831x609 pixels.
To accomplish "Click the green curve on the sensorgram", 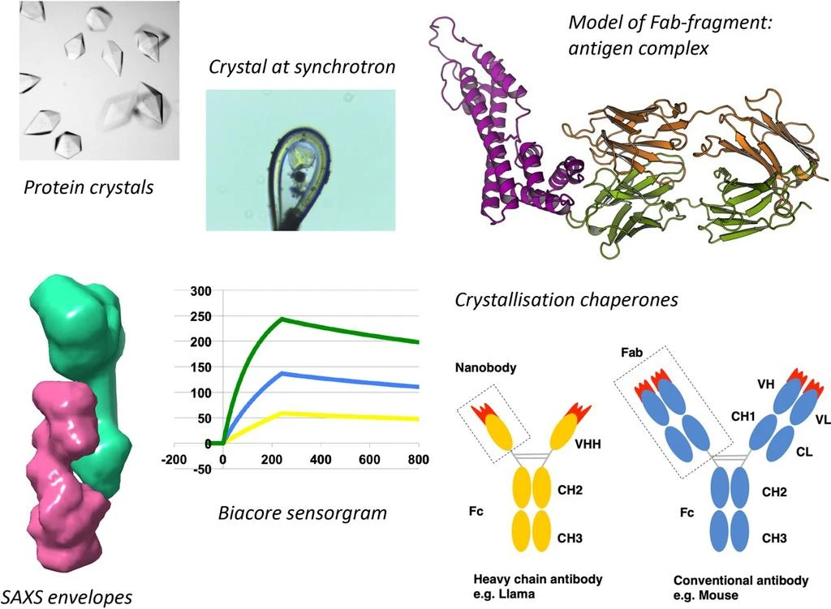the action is coord(281,320).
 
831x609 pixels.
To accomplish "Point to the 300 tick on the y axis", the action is coord(201,291).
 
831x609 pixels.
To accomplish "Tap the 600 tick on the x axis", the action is coord(369,459).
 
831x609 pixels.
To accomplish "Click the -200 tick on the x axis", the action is coord(174,459).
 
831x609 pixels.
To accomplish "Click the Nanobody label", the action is coord(485,367).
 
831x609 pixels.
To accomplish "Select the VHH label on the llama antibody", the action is coord(588,444).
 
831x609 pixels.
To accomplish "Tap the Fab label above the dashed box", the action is coord(631,352).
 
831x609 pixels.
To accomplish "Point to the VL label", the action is coord(823,419).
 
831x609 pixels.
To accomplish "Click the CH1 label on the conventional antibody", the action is coord(743,416).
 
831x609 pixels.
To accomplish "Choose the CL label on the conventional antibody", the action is coord(804,452).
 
